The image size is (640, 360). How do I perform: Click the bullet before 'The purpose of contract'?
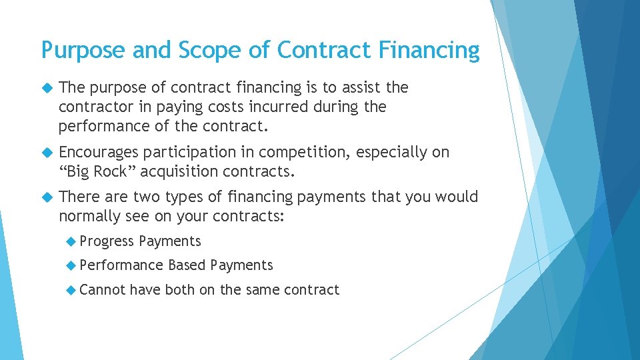coord(46,88)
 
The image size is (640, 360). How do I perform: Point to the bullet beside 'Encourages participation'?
coord(46,153)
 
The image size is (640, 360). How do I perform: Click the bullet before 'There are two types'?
coord(46,197)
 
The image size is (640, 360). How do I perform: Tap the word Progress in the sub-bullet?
coord(107,241)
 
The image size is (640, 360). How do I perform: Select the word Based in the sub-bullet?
coord(187,265)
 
